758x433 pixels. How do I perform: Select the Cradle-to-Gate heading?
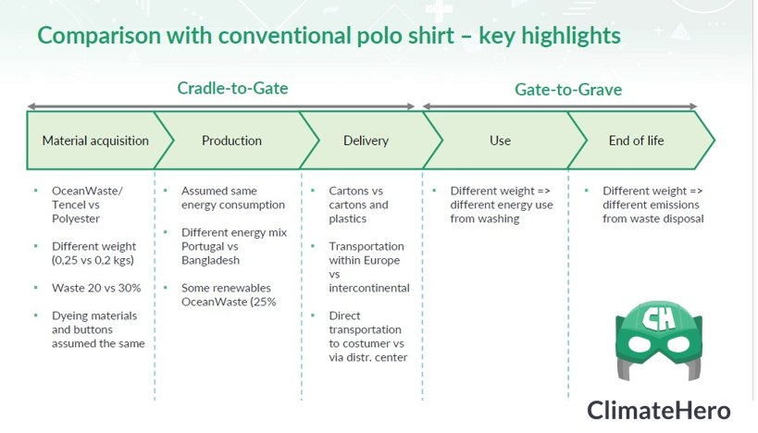tap(232, 89)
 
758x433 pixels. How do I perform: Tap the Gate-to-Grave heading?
tap(567, 90)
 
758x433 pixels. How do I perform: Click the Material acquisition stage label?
tap(95, 141)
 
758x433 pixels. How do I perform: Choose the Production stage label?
tap(231, 141)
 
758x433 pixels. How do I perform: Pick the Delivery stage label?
tap(366, 141)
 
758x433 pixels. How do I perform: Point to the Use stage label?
tap(500, 141)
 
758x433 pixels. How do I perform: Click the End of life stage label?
tap(636, 141)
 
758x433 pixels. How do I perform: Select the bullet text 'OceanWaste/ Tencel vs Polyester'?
tap(87, 204)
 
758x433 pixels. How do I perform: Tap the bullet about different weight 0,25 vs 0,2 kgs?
tap(93, 254)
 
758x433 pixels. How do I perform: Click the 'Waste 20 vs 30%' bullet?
tap(96, 288)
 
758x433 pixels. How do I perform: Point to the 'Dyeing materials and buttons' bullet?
tap(98, 329)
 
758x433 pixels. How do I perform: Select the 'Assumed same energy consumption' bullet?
tap(220, 198)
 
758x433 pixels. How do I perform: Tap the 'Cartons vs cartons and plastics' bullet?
tap(358, 204)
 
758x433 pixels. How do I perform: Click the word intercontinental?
tap(369, 288)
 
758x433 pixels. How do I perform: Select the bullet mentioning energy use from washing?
tap(501, 204)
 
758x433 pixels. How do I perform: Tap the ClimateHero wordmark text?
tap(658, 411)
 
